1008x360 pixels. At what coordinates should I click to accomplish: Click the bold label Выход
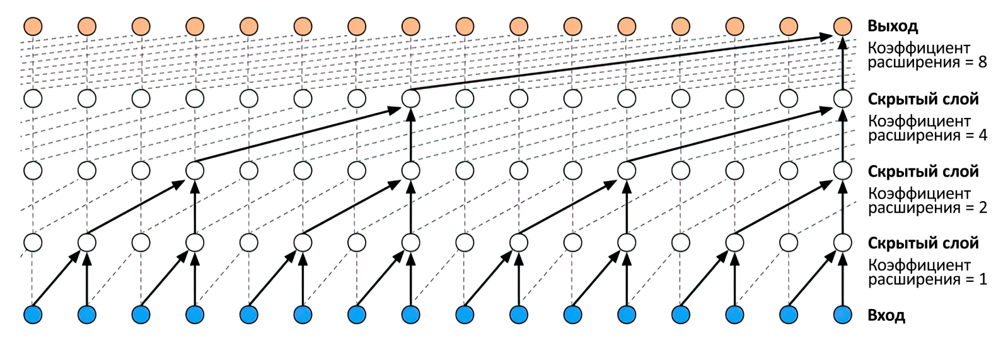click(x=892, y=26)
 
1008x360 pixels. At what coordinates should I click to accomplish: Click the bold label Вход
click(x=886, y=315)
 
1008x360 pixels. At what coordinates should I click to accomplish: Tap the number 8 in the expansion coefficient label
click(x=982, y=62)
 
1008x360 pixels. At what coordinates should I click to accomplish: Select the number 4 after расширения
click(x=982, y=136)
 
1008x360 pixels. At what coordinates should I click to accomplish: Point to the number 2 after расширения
click(x=982, y=208)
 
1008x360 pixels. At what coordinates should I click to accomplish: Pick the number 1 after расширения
click(x=982, y=280)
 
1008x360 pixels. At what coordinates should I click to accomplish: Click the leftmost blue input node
click(x=33, y=314)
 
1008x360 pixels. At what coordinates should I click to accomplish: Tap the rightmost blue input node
click(x=843, y=314)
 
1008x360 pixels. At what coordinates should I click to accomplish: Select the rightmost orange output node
click(x=843, y=26)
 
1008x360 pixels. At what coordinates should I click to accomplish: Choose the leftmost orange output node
click(x=33, y=26)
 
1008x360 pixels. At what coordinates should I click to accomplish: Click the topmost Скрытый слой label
click(x=923, y=99)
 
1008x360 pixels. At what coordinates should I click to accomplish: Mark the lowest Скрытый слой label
click(x=923, y=243)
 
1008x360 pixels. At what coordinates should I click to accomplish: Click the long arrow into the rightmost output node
click(x=624, y=63)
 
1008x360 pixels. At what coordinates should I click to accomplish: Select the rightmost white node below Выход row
click(x=843, y=99)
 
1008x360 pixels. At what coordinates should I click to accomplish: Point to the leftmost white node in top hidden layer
click(x=33, y=99)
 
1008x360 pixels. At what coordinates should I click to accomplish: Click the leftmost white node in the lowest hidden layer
click(x=33, y=243)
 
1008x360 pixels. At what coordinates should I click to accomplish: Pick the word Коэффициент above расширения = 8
click(x=918, y=49)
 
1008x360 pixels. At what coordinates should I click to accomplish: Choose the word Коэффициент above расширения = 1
click(x=918, y=265)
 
